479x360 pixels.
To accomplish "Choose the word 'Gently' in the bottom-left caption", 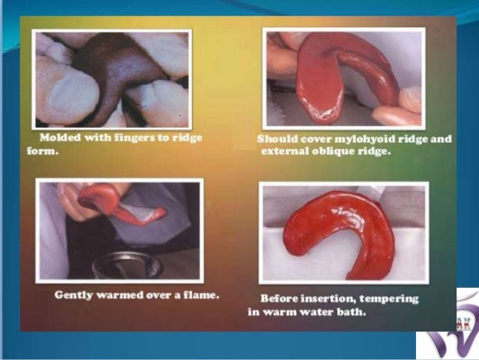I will (74, 295).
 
